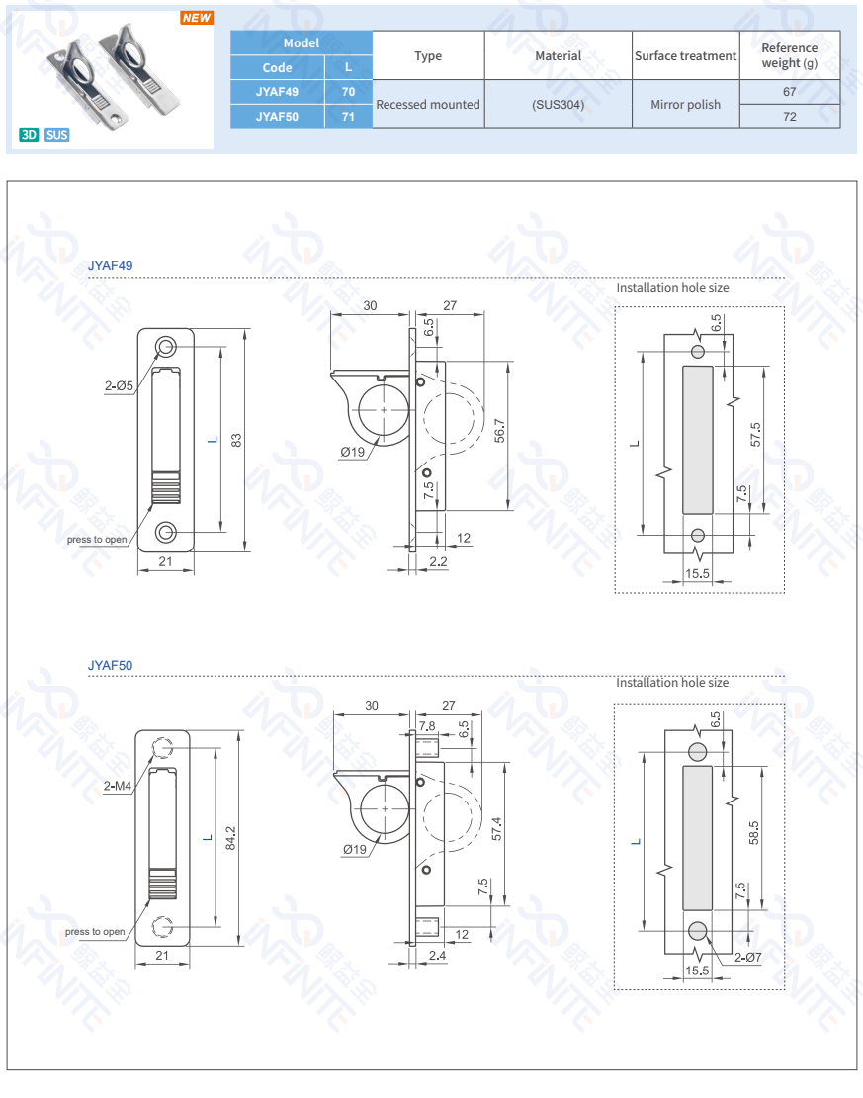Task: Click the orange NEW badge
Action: point(197,18)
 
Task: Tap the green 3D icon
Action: point(30,134)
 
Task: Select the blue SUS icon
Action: point(57,134)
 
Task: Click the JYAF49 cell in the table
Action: point(277,92)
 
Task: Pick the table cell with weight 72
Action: point(789,117)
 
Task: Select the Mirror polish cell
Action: point(685,104)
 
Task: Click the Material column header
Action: point(558,56)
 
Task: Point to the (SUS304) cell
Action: point(558,104)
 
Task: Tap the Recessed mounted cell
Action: point(428,104)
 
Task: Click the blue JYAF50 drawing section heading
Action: point(110,666)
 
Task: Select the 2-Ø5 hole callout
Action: point(120,386)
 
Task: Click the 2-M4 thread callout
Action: point(118,787)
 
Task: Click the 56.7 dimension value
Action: point(500,432)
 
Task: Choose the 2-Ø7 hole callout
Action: point(747,957)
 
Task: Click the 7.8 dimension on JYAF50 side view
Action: point(426,726)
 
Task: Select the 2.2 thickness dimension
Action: point(438,561)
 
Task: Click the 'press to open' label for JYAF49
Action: point(97,539)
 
